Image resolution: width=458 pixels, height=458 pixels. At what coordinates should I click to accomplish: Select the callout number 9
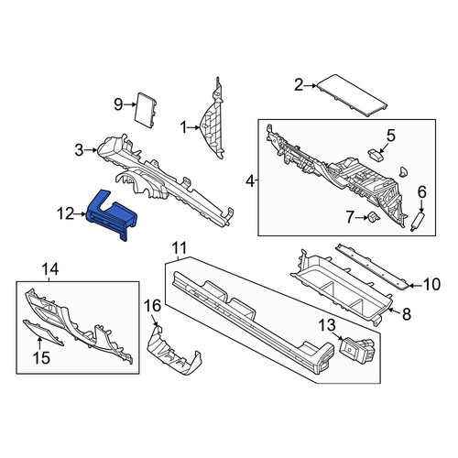(x=118, y=104)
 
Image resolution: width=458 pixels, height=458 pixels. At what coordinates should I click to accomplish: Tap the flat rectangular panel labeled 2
(x=353, y=94)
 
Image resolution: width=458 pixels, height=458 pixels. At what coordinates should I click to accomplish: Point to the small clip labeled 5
(x=376, y=155)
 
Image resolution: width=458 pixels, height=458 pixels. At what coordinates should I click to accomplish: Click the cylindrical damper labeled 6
(x=417, y=222)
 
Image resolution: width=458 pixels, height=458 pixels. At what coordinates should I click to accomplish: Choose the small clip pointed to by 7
(x=374, y=216)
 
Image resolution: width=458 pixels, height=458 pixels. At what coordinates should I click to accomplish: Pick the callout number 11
(x=179, y=248)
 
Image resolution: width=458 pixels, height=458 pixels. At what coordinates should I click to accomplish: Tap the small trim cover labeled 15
(x=43, y=333)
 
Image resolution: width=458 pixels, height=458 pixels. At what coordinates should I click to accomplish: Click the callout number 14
(x=50, y=269)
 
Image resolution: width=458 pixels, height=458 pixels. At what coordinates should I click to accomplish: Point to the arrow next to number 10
(x=415, y=286)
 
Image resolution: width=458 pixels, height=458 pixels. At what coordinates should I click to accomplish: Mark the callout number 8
(x=407, y=314)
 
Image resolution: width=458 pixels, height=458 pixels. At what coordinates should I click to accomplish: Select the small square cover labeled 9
(x=146, y=110)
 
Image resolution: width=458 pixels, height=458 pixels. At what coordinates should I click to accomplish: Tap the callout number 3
(x=79, y=150)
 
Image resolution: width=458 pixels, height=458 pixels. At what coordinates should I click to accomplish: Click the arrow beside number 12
(x=81, y=214)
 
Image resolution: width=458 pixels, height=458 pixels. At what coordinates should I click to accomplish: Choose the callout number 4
(x=250, y=181)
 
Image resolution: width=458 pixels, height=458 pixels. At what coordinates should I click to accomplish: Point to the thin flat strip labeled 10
(x=373, y=267)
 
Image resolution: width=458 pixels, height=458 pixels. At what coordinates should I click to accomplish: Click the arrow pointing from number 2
(x=311, y=86)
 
